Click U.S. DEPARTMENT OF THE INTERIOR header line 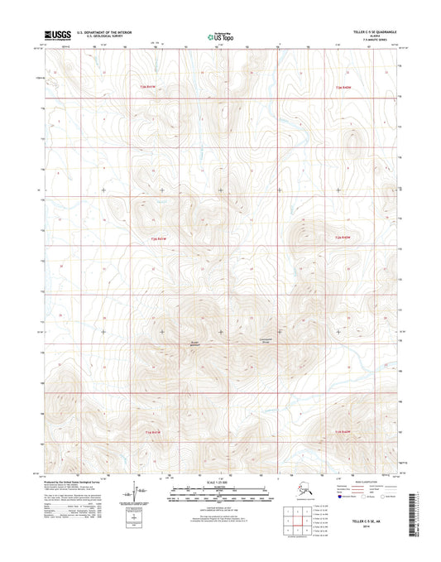pos(105,33)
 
